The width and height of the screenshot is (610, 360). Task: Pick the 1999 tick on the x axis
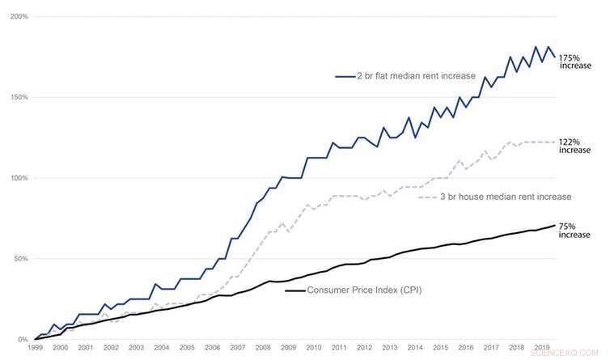(x=35, y=347)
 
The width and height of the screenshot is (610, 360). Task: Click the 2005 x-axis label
(x=186, y=347)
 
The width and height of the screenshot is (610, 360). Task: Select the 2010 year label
(x=313, y=347)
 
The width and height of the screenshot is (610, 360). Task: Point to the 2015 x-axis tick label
(x=439, y=347)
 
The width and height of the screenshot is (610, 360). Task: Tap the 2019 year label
(x=540, y=347)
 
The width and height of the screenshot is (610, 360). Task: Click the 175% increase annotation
(x=575, y=63)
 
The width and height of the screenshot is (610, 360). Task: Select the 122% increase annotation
(x=575, y=146)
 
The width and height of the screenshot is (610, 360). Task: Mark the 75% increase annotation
(x=575, y=232)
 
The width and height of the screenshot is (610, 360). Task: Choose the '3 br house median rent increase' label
(x=505, y=197)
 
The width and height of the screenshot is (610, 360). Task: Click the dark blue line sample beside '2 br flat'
(x=345, y=76)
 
